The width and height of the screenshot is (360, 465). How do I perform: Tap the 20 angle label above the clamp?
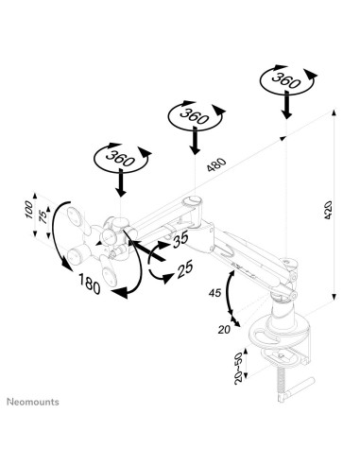(224, 329)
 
